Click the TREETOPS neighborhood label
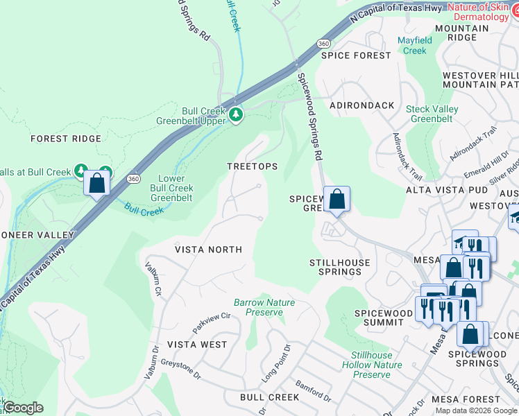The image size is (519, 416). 253,166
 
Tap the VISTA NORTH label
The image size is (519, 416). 208,250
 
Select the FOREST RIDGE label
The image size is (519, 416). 66,139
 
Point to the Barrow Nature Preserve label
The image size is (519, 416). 264,307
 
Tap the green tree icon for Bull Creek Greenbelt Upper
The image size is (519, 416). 236,114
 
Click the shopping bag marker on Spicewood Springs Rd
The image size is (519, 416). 337,200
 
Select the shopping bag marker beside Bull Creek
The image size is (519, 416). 96,184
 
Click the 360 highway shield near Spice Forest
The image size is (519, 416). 323,43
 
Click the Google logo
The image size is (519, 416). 22,408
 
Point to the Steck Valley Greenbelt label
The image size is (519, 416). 432,114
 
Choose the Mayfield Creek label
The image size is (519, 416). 415,45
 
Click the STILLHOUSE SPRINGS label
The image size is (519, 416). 339,267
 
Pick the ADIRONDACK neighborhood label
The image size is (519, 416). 361,106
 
